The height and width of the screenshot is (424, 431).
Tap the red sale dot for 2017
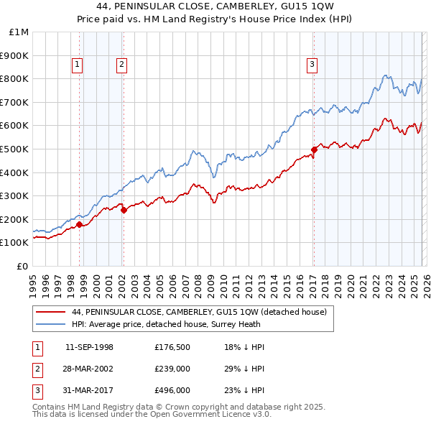tap(314, 150)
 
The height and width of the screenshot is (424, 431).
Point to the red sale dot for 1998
tap(79, 224)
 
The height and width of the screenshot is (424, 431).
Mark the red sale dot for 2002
tap(124, 210)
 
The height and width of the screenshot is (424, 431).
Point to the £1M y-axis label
tap(19, 32)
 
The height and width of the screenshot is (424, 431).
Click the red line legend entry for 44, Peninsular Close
tap(199, 312)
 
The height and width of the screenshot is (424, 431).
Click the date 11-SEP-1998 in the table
tap(89, 347)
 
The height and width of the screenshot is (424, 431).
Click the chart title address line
tap(215, 8)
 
